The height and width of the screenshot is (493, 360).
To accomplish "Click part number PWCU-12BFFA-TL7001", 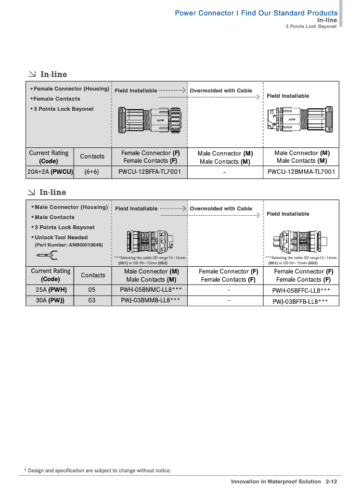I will [150, 172].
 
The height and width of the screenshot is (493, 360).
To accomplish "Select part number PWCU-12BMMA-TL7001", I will [301, 172].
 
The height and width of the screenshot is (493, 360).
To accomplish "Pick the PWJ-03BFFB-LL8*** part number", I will [301, 301].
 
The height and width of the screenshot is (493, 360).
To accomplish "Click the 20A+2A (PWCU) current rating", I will [50, 172].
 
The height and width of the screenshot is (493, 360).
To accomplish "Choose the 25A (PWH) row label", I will [51, 290].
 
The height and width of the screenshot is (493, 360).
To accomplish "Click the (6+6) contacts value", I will [91, 172].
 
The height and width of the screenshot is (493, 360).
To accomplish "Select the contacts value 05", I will [92, 290].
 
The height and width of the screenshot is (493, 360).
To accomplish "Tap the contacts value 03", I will [92, 300].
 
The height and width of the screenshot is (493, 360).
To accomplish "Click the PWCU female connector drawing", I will [149, 120].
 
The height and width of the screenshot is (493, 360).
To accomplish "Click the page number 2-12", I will [331, 481].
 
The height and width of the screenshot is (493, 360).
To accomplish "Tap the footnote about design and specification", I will [97, 470].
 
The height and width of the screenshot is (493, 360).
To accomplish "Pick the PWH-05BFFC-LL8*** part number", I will [301, 290].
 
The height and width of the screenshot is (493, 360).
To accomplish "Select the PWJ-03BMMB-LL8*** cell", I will [151, 300].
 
